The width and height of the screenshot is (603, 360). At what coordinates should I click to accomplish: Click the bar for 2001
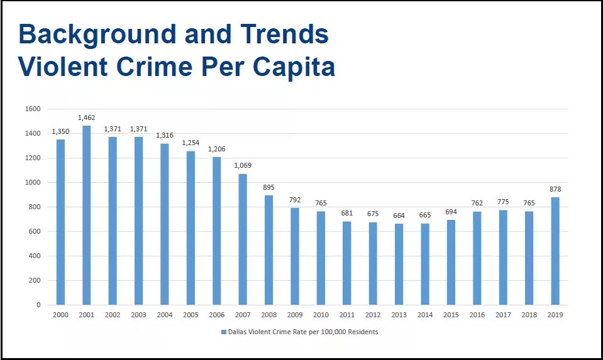[x=86, y=215]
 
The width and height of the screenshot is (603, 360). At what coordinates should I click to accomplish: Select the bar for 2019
[x=555, y=251]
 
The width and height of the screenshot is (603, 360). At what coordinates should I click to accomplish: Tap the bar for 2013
[x=399, y=264]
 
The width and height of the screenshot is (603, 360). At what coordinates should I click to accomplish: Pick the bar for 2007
[x=243, y=239]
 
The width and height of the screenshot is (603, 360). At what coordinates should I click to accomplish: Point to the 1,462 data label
[x=86, y=117]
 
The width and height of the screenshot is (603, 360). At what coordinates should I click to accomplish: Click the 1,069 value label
[x=243, y=165]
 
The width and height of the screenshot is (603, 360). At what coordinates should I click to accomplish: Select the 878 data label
[x=555, y=189]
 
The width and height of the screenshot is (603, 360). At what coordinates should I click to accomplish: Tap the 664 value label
[x=399, y=215]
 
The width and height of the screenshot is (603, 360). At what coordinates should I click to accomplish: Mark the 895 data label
[x=268, y=187]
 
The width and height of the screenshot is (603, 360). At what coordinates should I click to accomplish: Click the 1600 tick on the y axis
[x=32, y=109]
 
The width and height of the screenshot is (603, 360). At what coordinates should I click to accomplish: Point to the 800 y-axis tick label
[x=34, y=207]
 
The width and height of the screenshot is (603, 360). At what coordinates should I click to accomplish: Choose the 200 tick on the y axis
[x=34, y=281]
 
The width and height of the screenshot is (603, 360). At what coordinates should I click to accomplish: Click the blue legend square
[x=223, y=332]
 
